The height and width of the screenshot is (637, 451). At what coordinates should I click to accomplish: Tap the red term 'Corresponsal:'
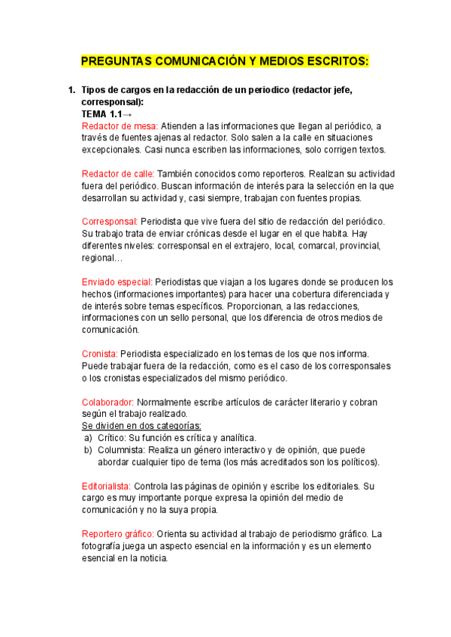pyautogui.click(x=109, y=222)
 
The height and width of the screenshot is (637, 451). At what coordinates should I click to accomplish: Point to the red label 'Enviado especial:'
pyautogui.click(x=117, y=282)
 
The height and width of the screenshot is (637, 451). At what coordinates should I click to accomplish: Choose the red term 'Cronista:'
pyautogui.click(x=99, y=354)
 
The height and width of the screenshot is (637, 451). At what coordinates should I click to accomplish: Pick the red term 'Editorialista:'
pyautogui.click(x=107, y=486)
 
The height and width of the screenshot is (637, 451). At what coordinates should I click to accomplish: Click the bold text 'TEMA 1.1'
pyautogui.click(x=101, y=113)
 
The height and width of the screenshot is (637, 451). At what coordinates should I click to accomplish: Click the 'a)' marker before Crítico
pyautogui.click(x=87, y=438)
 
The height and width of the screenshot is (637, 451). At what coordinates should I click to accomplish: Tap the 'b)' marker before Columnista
pyautogui.click(x=87, y=450)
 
